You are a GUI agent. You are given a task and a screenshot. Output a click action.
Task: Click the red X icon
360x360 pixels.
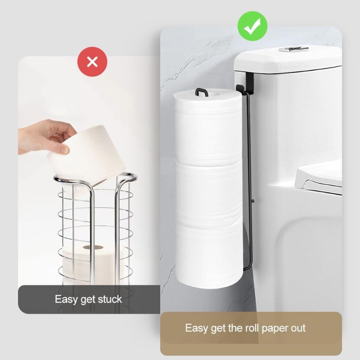coord(92,62)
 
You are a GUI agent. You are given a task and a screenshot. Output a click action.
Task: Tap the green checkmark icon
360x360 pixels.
coord(252,26)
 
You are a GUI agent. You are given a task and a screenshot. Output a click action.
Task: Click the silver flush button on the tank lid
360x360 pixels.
coord(293,49)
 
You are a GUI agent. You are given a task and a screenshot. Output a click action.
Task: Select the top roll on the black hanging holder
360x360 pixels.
coord(208,126)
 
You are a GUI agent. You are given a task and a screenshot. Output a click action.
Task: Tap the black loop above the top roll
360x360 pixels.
coord(202,92)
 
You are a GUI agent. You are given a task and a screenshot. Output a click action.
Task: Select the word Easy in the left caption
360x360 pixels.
coord(66,299)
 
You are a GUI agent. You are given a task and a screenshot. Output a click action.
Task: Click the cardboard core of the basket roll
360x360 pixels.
coord(93,248)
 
